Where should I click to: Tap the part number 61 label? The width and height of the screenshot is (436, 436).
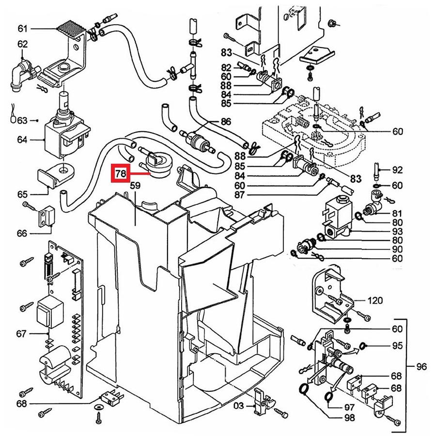[x=23, y=29]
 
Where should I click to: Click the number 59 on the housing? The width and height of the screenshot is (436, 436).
[x=135, y=185]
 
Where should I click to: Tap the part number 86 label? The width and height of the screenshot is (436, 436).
[x=226, y=122]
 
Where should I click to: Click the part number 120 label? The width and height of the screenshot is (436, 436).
[x=375, y=301]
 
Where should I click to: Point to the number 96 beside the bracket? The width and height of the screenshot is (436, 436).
[x=421, y=367]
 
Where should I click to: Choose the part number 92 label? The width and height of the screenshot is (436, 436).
[x=397, y=170]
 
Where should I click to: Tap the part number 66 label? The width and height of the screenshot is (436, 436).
[x=22, y=234]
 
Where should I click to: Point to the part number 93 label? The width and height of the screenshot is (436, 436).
[x=397, y=231]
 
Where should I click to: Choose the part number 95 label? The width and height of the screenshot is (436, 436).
[x=397, y=345]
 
